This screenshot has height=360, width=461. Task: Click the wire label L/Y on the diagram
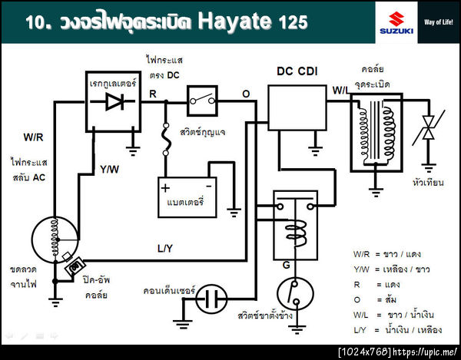click(166, 249)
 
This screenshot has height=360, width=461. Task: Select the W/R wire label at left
click(33, 137)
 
